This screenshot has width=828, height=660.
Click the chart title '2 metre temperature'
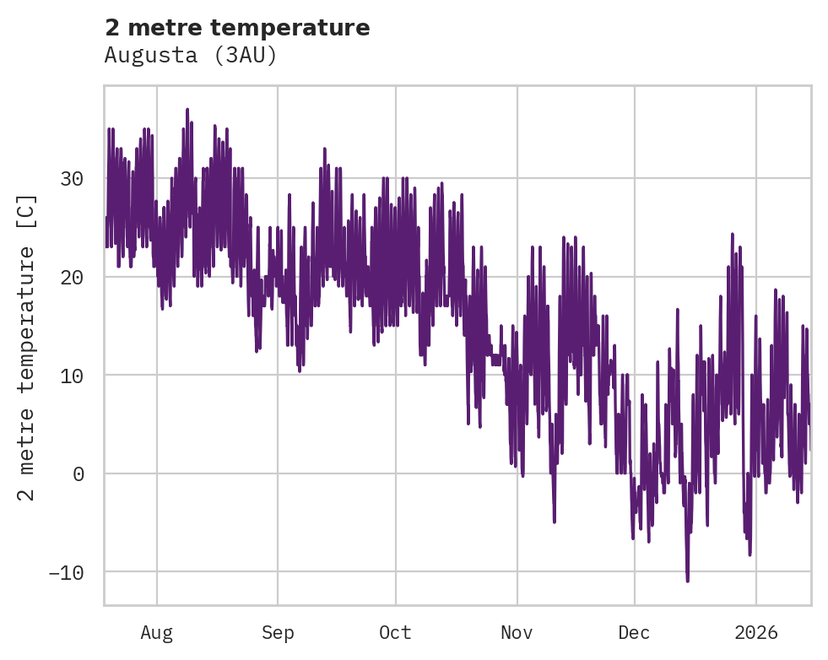[237, 28]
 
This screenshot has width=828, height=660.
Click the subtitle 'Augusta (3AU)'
[191, 56]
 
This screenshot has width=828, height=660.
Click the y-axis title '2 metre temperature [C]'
[27, 347]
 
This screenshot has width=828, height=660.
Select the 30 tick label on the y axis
[73, 179]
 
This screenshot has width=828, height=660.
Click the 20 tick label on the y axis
[73, 278]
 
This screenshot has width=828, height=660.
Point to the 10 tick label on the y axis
[73, 376]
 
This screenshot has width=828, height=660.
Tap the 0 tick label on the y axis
[78, 474]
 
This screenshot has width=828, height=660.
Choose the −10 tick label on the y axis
[68, 572]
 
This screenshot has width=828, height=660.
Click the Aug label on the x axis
[157, 632]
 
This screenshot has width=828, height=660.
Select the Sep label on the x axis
[278, 632]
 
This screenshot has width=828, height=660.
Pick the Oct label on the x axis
[395, 632]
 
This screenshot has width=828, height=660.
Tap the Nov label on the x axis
[517, 632]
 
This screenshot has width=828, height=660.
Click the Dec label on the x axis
[634, 632]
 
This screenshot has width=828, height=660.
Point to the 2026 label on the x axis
[755, 632]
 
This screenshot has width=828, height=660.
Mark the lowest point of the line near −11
[687, 581]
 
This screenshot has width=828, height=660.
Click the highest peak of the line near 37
[187, 110]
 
